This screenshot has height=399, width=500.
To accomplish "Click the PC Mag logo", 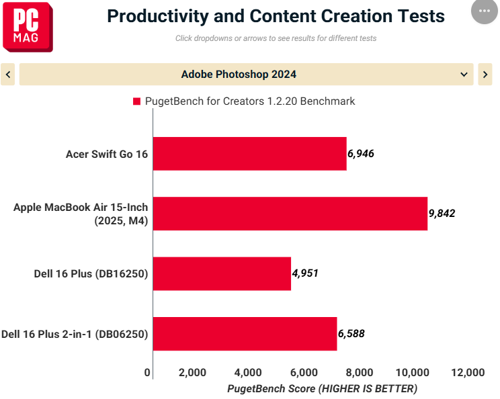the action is coord(28,27).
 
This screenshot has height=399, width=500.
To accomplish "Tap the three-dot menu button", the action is coord(485,11).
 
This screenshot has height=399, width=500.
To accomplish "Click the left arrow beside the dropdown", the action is coord(8,75).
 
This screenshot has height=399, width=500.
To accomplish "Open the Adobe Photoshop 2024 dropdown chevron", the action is coord(464,75).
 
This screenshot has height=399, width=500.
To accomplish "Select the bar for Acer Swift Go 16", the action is coord(250,154).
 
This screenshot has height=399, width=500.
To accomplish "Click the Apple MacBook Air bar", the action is coord(290,214).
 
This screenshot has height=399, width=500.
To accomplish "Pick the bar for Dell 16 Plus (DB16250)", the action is coord(222,274).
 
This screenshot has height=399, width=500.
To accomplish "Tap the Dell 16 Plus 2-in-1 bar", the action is coord(245,334).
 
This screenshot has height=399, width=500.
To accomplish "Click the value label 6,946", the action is coord(361,154).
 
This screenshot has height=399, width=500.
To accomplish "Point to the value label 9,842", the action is coord(442,213).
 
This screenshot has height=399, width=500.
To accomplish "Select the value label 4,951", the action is coord(305,273).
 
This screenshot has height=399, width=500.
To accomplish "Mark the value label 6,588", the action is coord(351,333).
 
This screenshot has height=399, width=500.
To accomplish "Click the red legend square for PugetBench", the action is coord(137,101).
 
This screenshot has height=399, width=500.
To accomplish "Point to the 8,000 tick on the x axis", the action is coord(360,372).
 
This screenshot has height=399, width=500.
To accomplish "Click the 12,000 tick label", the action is coord(468,372).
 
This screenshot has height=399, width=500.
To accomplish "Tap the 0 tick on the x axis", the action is coord(147,372).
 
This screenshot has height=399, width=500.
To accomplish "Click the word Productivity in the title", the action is coord(158,16).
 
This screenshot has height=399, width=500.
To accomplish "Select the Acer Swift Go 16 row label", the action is coord(107,154).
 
